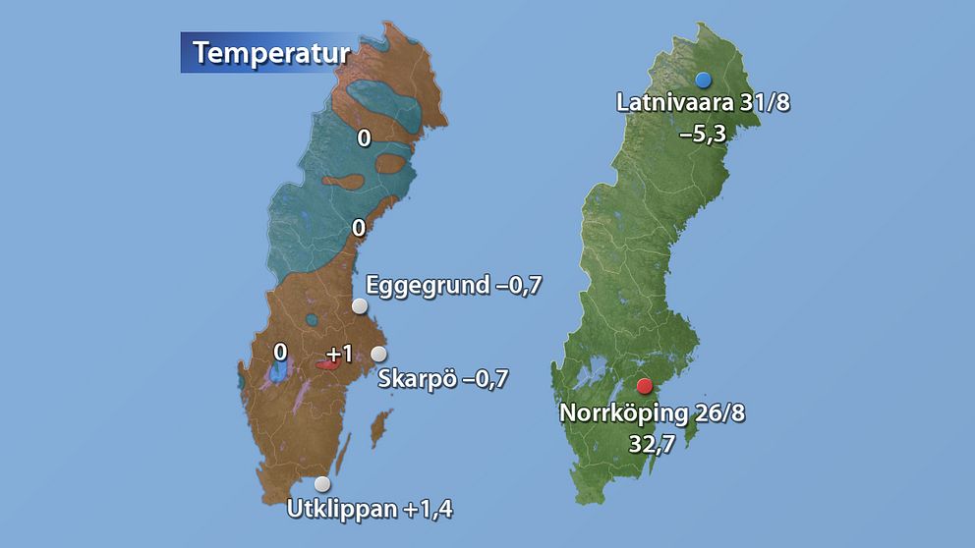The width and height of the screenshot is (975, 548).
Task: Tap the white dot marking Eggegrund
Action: click(360, 306)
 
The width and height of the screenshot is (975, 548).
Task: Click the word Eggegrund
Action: click(428, 286)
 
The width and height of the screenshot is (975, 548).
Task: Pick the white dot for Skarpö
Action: click(378, 355)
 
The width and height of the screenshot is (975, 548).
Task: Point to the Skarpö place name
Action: click(417, 378)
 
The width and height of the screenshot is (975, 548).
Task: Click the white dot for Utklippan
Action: click(322, 483)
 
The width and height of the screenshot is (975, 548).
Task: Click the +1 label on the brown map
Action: click(339, 353)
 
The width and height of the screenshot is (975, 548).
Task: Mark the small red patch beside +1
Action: click(328, 365)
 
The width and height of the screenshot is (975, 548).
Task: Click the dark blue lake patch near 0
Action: click(279, 372)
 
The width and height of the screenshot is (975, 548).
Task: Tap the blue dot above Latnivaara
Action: click(702, 80)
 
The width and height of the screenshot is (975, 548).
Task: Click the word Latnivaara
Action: click(673, 103)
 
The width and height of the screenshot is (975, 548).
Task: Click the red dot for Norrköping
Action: click(645, 387)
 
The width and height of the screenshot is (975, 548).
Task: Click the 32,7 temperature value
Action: click(652, 442)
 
